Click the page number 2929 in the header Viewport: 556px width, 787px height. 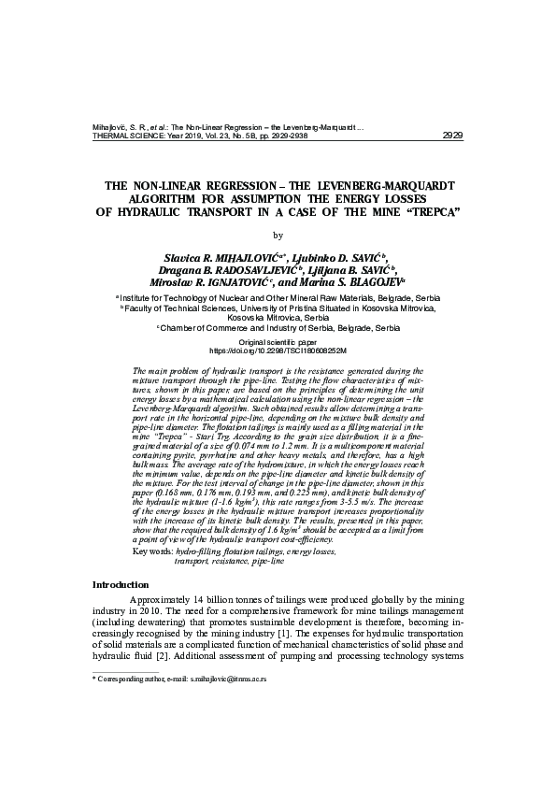tap(451, 136)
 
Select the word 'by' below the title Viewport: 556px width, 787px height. tap(277, 235)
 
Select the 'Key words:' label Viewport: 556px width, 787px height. tap(154, 552)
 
